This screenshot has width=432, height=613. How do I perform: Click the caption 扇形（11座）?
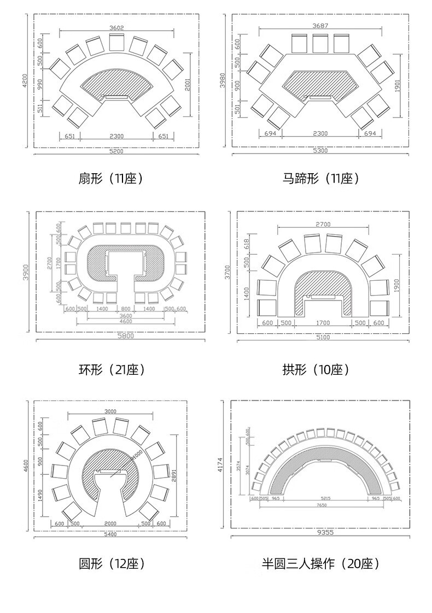point(112,178)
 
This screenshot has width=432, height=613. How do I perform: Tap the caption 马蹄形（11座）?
point(322,178)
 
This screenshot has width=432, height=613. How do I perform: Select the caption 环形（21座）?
point(112,370)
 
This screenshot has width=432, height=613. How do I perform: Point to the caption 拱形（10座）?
point(316,370)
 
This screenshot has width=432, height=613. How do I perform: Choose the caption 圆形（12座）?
point(112,563)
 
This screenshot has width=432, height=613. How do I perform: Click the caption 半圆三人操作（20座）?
point(321,563)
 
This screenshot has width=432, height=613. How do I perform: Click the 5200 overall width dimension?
point(116,151)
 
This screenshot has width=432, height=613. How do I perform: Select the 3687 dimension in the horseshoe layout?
point(320,26)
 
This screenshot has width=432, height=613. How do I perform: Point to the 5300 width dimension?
point(320,151)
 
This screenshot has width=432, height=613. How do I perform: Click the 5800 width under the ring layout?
point(125,336)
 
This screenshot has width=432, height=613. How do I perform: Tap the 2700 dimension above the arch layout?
point(323,225)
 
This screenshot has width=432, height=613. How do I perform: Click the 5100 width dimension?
point(323,337)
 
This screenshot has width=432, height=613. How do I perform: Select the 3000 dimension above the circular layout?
point(111,411)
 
